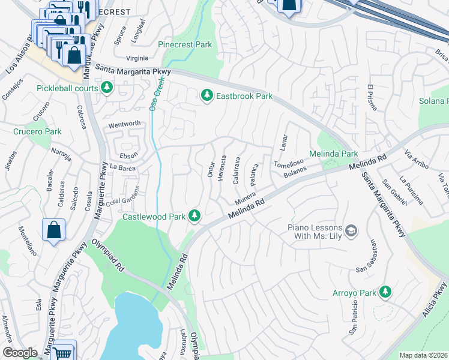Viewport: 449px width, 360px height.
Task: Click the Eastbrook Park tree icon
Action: (207, 95)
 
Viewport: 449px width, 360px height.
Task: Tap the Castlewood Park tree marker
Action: (194, 215)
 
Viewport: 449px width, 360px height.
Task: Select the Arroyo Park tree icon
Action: (385, 292)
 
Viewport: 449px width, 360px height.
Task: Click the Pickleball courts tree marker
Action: (107, 88)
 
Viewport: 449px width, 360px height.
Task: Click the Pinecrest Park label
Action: (185, 45)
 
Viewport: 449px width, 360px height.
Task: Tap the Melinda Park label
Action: (333, 154)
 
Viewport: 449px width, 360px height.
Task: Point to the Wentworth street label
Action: (124, 124)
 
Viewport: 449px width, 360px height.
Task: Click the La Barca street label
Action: (122, 168)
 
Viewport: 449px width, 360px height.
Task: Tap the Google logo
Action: (20, 353)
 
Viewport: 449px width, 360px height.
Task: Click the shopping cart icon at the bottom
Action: (62, 353)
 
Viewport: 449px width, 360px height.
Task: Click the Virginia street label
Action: (137, 58)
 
